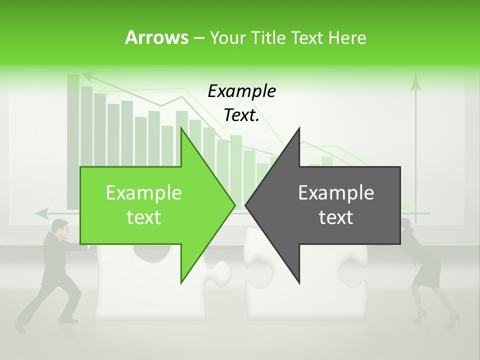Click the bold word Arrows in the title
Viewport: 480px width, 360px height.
pyautogui.click(x=157, y=37)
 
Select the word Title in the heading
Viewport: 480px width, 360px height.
pyautogui.click(x=267, y=37)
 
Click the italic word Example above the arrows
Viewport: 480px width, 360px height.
pyautogui.click(x=241, y=91)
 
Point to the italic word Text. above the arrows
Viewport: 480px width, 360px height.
pyautogui.click(x=241, y=115)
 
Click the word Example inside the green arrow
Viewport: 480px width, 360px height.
pyautogui.click(x=144, y=192)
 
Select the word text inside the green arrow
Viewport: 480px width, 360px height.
pyautogui.click(x=144, y=217)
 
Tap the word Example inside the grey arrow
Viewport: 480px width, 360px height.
pyautogui.click(x=336, y=192)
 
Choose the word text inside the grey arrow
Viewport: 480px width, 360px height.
pyautogui.click(x=336, y=217)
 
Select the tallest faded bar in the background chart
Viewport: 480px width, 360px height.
pyautogui.click(x=73, y=140)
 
